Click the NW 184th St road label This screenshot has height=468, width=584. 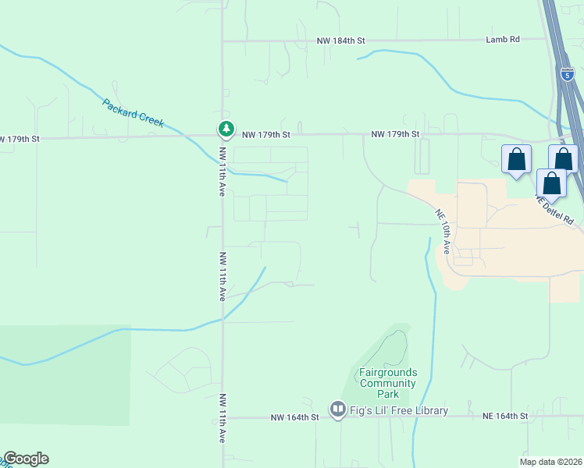point(340,40)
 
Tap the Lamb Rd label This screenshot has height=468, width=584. point(502,40)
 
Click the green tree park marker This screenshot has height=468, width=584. point(226,129)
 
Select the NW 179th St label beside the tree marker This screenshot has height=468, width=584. point(265,135)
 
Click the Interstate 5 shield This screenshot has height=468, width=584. point(567,75)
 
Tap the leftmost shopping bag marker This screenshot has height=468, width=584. point(516,160)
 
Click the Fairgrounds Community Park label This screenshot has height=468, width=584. point(387,378)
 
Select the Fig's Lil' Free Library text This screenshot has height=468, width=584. point(399,411)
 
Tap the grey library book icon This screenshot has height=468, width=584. point(337,409)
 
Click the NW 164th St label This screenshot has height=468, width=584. point(295,418)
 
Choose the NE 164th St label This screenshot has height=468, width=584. point(505,417)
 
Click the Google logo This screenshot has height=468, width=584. point(26,459)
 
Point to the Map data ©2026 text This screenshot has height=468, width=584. point(550,462)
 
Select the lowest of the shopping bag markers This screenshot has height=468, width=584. point(552,184)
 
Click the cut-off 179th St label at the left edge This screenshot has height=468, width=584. point(19,139)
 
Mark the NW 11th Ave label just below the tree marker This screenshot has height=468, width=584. point(223,172)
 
